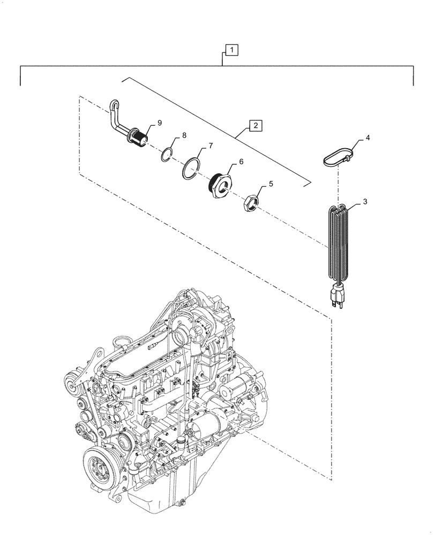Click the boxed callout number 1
point(231,51)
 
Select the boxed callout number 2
point(256,126)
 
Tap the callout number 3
point(365,202)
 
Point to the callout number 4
point(367,138)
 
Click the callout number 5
point(271,184)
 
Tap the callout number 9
point(159,123)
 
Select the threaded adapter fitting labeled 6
point(220,183)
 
